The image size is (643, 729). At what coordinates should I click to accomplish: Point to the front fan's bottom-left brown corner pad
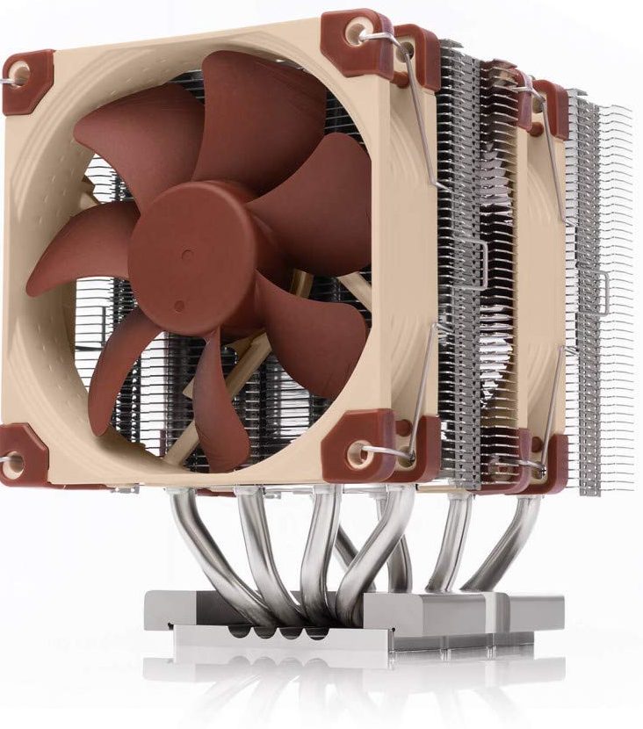[x=21, y=454]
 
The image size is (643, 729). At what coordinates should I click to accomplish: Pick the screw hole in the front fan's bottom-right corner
[x=358, y=453]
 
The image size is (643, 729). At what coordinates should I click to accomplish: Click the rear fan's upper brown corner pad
[x=549, y=105]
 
